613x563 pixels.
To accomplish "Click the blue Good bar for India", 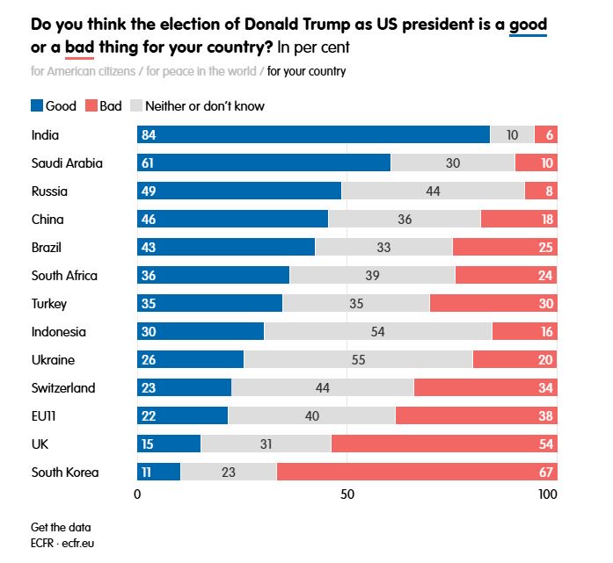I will (313, 134).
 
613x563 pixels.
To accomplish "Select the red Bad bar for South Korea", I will (417, 472).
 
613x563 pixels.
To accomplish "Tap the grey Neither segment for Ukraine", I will (358, 359).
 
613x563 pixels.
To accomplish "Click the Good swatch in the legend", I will (36, 106).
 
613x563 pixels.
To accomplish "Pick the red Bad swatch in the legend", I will (91, 106).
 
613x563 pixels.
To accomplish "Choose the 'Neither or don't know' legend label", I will (205, 106).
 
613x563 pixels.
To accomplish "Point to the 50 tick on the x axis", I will (347, 494).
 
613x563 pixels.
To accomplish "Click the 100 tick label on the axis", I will (547, 494).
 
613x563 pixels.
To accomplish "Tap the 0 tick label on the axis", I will (138, 494).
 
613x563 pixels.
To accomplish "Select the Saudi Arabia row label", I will (67, 162).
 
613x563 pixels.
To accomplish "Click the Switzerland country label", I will (63, 387).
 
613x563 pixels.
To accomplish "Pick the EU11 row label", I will (45, 415).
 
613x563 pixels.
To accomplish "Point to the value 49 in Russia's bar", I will (150, 191).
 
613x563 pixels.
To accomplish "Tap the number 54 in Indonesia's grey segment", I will (378, 331).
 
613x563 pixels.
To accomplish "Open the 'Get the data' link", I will (61, 527).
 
